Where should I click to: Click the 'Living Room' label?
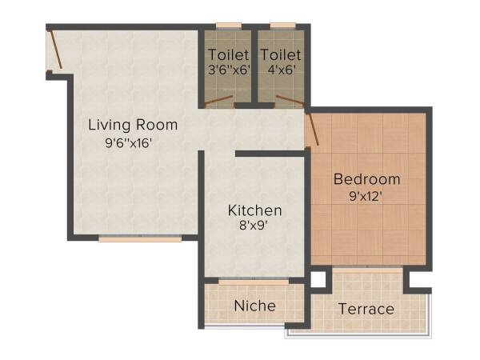pos(133,125)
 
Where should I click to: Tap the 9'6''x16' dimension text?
pos(128,144)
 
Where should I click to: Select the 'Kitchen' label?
pos(254,210)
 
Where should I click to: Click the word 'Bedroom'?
pos(367,178)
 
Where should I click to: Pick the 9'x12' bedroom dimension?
pos(367,196)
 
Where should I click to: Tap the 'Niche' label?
pos(254,306)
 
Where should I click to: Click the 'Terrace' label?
pos(366,309)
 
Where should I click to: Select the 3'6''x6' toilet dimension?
pos(229,70)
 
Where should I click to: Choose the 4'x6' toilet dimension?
pos(281,70)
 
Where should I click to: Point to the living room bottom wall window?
pos(139,238)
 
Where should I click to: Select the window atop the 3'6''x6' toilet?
pos(229,26)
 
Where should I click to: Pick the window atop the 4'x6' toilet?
pos(281,26)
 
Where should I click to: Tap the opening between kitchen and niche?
pos(254,280)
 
